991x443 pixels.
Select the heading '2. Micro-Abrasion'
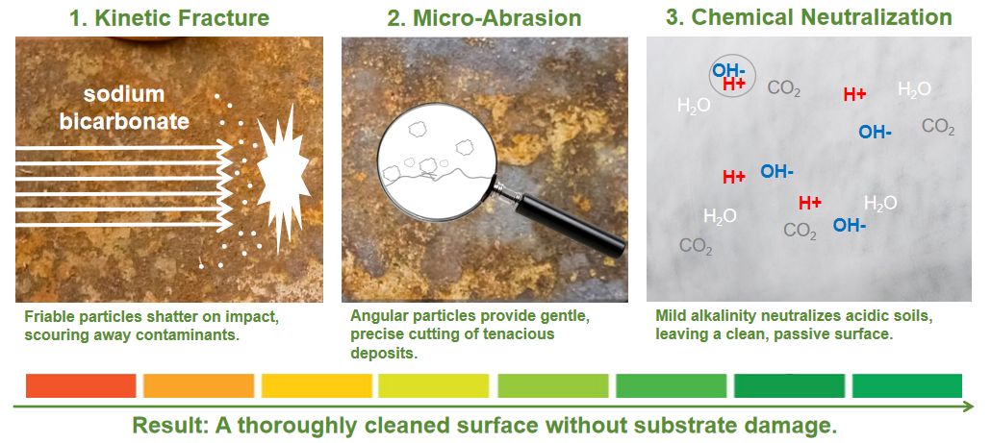coord(485,17)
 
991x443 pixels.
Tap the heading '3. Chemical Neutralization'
coord(808,17)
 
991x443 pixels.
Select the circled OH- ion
coord(727,70)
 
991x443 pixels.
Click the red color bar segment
coord(81,385)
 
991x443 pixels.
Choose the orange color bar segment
coord(198,385)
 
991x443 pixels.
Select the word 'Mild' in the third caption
coord(672,316)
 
